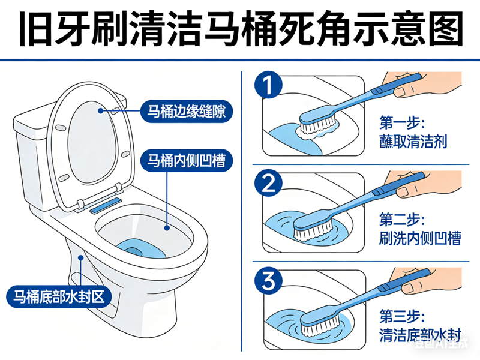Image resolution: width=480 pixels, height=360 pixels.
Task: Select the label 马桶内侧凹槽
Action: (x=186, y=160)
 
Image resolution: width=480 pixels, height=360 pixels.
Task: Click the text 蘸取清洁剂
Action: (x=413, y=142)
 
